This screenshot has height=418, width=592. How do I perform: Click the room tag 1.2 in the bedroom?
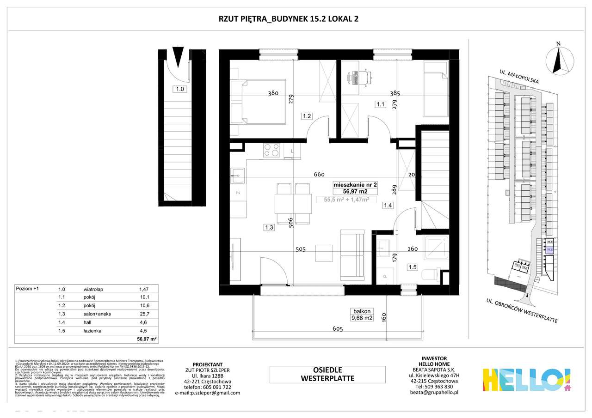pos(306,116)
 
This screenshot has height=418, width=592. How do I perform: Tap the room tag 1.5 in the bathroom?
pos(412,267)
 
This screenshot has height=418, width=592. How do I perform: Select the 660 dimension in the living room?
pos(319,175)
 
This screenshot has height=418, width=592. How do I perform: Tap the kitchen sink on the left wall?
pos(239,174)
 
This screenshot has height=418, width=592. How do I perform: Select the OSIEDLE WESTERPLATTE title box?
pos(327,374)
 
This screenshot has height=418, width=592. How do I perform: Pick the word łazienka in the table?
pos(93,330)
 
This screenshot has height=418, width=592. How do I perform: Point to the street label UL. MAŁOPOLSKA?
pos(519,77)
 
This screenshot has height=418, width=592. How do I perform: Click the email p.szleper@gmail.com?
pos(208,393)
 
